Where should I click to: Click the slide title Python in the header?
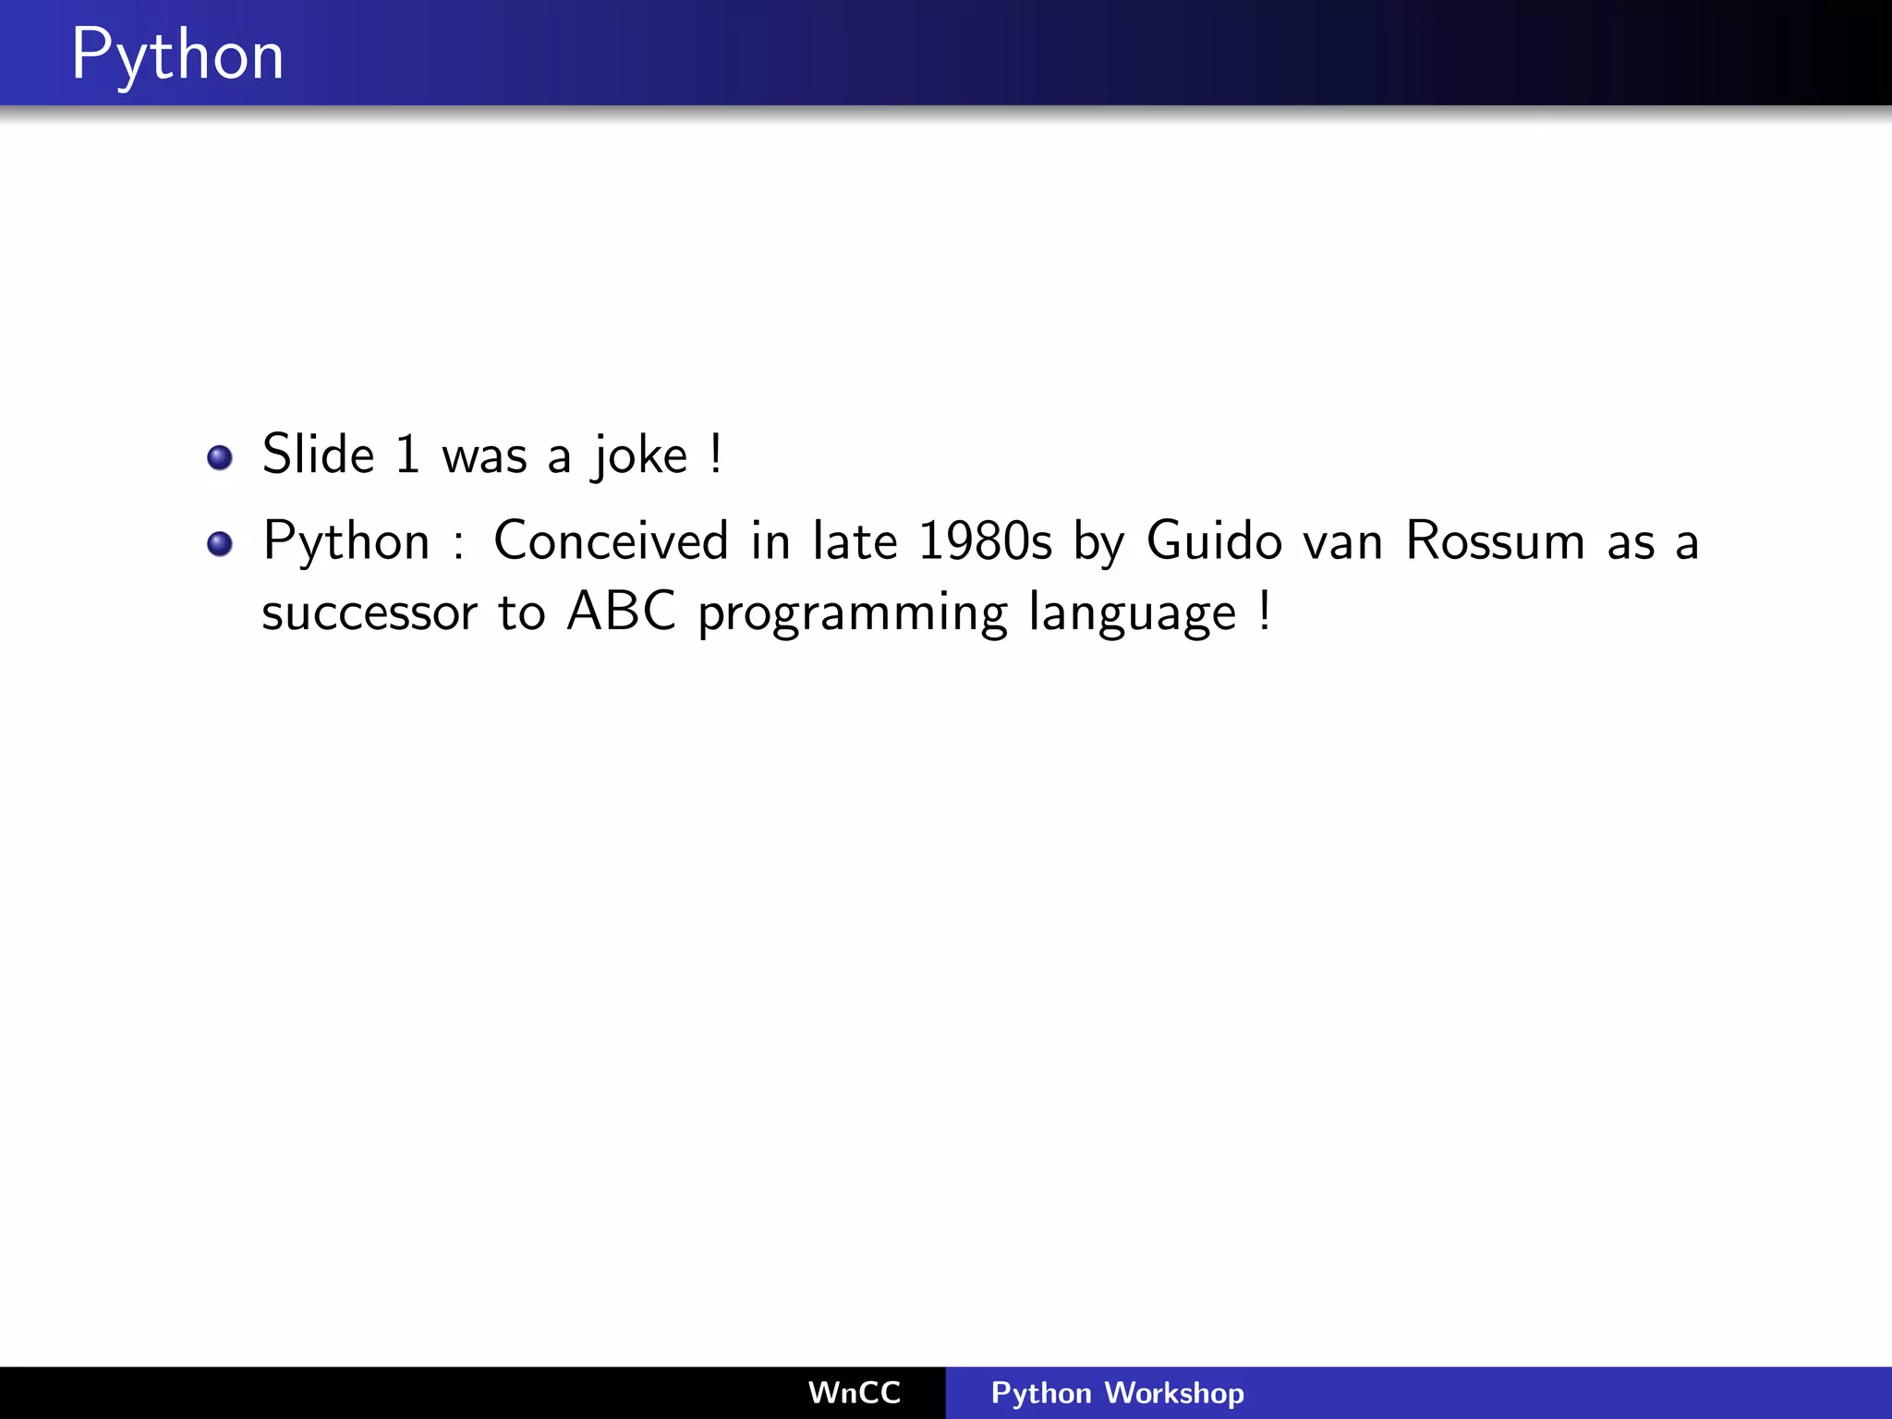tap(177, 55)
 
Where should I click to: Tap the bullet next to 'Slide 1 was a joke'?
tap(220, 457)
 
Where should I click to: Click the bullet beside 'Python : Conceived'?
tap(220, 544)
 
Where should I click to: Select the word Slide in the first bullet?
tap(318, 455)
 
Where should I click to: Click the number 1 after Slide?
tap(407, 455)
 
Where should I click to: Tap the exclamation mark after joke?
tap(716, 455)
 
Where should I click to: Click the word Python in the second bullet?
tap(346, 542)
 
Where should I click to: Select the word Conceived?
tap(611, 541)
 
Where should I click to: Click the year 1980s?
tap(985, 541)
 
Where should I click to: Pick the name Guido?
tap(1214, 541)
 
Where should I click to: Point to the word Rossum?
tap(1495, 541)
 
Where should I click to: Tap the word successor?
tap(370, 613)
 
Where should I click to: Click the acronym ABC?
tap(622, 612)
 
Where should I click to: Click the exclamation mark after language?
tap(1264, 612)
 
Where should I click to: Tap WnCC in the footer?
tap(854, 1392)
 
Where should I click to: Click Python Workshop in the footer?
tap(1117, 1392)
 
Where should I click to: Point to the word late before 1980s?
tap(855, 541)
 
